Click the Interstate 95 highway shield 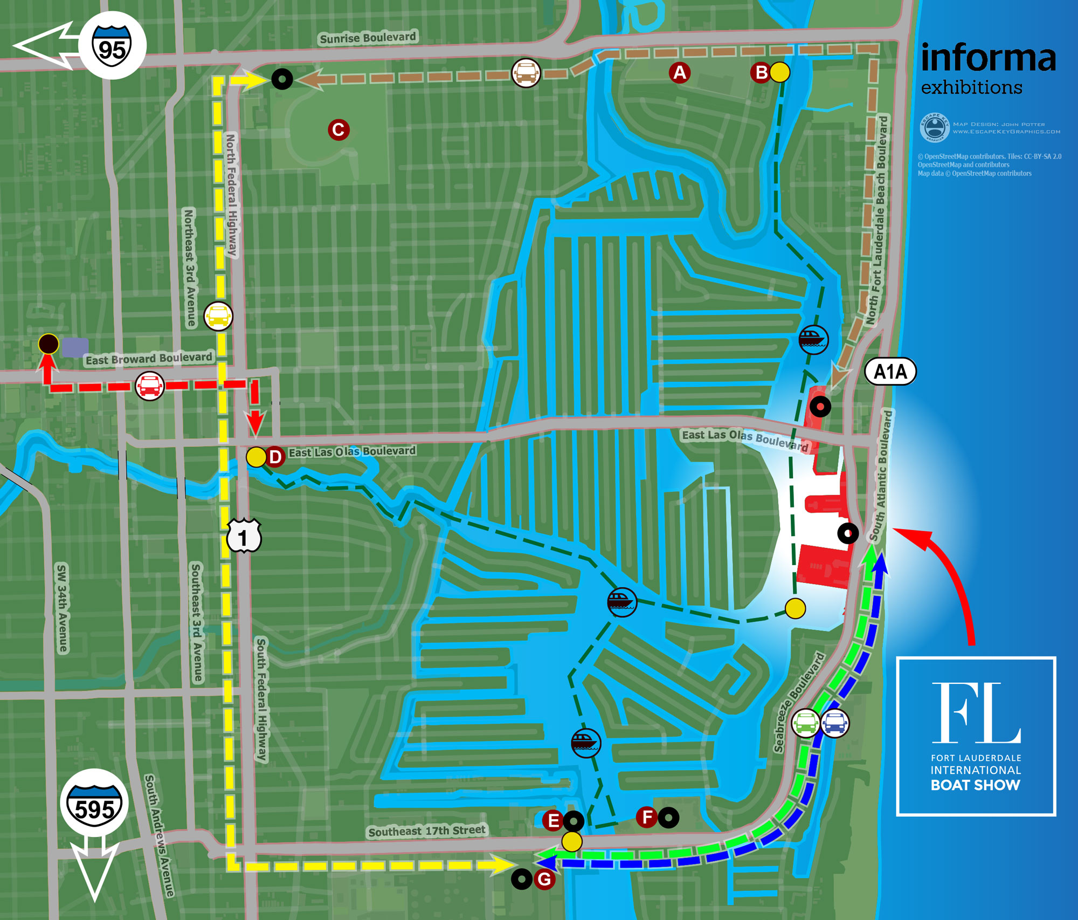[x=112, y=46]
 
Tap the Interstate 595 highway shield [x=94, y=804]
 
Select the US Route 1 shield [x=244, y=535]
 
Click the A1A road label [x=890, y=372]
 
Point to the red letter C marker [x=338, y=130]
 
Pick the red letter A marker [x=680, y=72]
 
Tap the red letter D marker [x=275, y=457]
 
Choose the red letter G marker [x=544, y=879]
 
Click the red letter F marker [x=647, y=817]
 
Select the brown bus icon [x=526, y=72]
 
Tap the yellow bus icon [x=218, y=316]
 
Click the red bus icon [x=149, y=386]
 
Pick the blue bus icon [x=835, y=723]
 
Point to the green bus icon [x=805, y=723]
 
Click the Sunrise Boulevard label [x=368, y=38]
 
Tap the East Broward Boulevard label [x=149, y=359]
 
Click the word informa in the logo [x=988, y=58]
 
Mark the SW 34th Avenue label [x=63, y=608]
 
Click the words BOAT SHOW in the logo [x=975, y=785]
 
